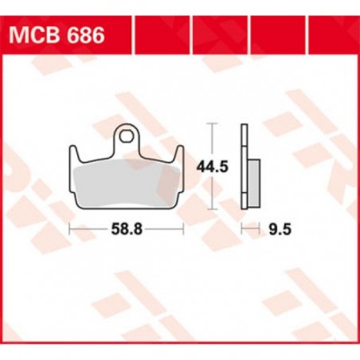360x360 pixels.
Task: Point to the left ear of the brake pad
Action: tap(76, 151)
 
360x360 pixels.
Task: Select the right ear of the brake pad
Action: tap(180, 151)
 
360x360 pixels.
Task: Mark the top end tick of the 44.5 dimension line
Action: tap(210, 124)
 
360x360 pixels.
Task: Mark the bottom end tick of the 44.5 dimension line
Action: tap(210, 209)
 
